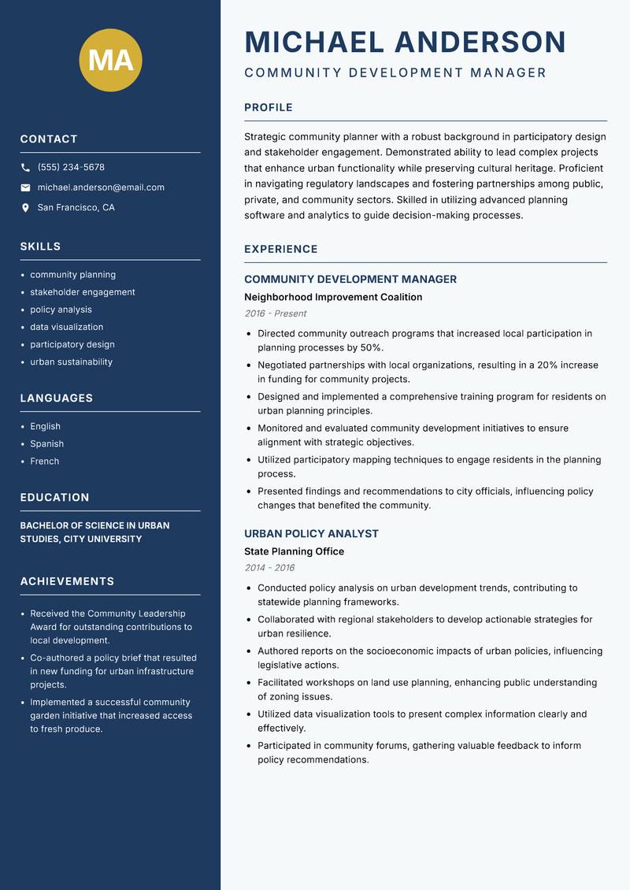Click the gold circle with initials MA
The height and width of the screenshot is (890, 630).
pyautogui.click(x=110, y=60)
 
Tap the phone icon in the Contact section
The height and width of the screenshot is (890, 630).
pyautogui.click(x=25, y=168)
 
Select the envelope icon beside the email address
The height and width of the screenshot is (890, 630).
pyautogui.click(x=25, y=187)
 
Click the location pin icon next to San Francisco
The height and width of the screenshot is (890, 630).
pyautogui.click(x=25, y=208)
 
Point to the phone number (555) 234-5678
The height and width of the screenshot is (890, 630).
pyautogui.click(x=71, y=168)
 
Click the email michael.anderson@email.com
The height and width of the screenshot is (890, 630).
pyautogui.click(x=101, y=187)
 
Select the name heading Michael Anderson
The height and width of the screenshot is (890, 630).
pyautogui.click(x=405, y=42)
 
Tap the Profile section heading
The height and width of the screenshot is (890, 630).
pyautogui.click(x=268, y=108)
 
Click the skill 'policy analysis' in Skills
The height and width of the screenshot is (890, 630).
pyautogui.click(x=61, y=310)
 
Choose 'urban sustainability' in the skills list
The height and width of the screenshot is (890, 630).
pyautogui.click(x=71, y=362)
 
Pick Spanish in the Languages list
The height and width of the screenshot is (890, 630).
pyautogui.click(x=46, y=444)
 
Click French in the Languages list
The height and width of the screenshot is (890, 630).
pyautogui.click(x=44, y=462)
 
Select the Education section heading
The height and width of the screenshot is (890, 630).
pyautogui.click(x=54, y=498)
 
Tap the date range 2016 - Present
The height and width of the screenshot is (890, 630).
pyautogui.click(x=275, y=313)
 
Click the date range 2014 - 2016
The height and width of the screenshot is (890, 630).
pyautogui.click(x=269, y=568)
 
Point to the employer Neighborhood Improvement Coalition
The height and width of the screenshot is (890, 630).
pyautogui.click(x=333, y=297)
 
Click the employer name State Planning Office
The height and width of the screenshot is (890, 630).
pyautogui.click(x=294, y=551)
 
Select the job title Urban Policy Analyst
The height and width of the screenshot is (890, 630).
pyautogui.click(x=311, y=533)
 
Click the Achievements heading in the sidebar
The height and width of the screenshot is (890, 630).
pyautogui.click(x=67, y=581)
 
